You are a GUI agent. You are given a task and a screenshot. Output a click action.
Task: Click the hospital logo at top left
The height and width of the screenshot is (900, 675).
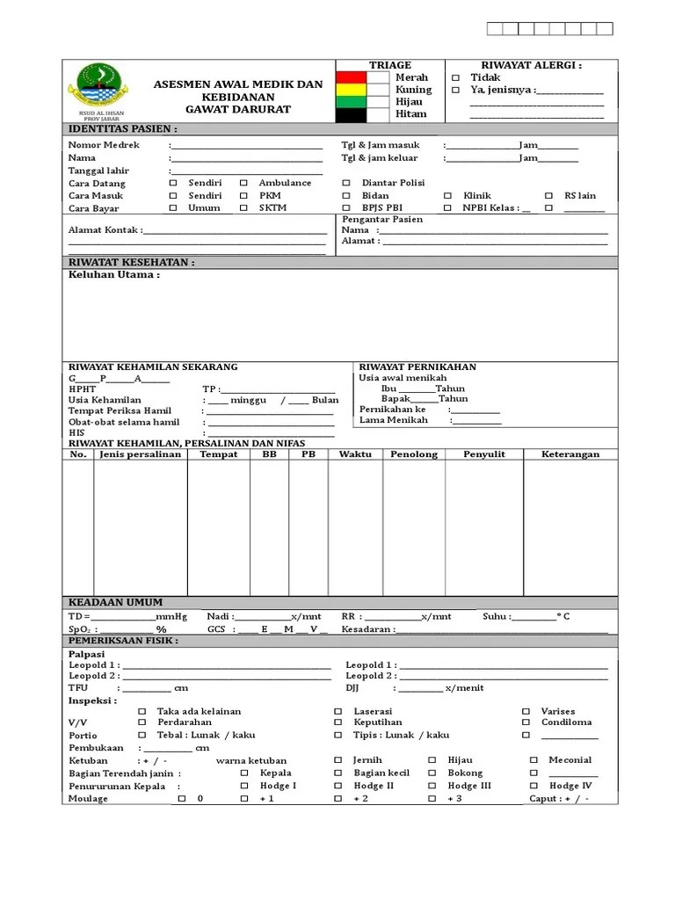[98, 85]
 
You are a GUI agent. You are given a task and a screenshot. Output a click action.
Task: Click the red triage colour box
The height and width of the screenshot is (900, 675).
[352, 77]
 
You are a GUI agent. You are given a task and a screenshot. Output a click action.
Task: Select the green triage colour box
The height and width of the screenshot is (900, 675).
[352, 102]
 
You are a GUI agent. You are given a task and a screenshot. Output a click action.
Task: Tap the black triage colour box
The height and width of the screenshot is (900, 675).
[352, 114]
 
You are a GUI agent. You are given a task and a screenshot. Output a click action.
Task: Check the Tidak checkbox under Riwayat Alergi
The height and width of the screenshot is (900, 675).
[455, 77]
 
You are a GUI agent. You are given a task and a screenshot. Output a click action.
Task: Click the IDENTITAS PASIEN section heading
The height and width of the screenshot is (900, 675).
[122, 129]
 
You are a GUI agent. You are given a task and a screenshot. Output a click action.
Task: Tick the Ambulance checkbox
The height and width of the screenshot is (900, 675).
[243, 183]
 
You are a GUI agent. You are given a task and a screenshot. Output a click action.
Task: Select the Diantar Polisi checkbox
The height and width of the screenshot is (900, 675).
[346, 183]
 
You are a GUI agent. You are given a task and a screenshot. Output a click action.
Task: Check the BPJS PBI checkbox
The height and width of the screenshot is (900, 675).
[346, 208]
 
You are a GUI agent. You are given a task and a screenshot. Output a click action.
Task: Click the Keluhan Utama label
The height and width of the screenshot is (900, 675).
[113, 275]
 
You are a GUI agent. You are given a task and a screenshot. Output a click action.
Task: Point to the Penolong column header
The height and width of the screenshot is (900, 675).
[414, 454]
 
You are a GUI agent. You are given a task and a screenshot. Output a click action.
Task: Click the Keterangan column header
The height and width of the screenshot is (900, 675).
[570, 454]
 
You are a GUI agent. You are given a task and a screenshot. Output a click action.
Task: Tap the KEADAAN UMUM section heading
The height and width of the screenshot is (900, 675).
[116, 602]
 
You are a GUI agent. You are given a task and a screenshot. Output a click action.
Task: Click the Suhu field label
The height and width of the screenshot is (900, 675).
[496, 616]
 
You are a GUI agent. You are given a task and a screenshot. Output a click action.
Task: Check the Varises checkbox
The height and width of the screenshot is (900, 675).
[526, 711]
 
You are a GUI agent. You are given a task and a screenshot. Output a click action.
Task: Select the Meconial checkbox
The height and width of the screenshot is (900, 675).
[533, 760]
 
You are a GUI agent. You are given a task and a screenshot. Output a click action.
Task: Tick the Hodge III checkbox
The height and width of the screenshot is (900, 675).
[432, 786]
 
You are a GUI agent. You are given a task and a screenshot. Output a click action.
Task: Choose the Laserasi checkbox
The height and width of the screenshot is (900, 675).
[337, 711]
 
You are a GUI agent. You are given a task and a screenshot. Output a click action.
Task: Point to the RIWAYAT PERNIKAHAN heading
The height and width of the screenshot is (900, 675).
[417, 367]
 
